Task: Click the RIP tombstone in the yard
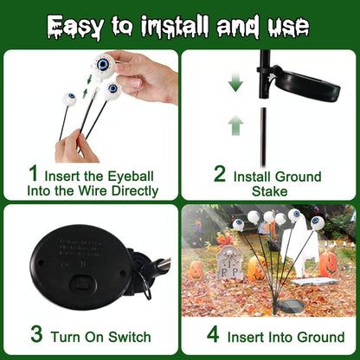228,262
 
